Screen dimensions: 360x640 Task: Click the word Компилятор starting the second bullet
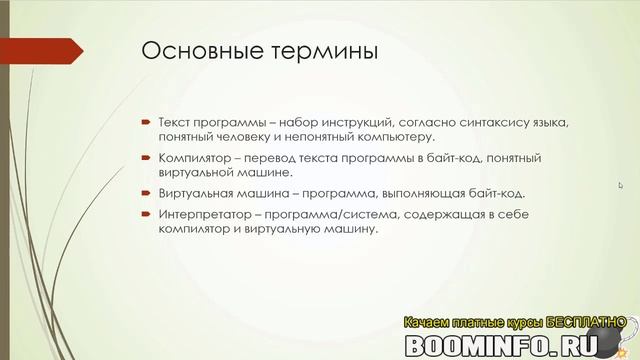(x=193, y=158)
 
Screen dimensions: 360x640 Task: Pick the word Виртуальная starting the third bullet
(x=194, y=194)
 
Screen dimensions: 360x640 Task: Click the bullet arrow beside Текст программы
(x=145, y=122)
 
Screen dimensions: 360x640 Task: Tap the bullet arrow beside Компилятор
(x=145, y=158)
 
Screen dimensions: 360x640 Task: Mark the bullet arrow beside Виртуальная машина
(x=145, y=194)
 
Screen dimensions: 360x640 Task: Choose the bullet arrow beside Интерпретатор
(x=145, y=213)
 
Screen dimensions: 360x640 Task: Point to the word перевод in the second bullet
(x=265, y=158)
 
